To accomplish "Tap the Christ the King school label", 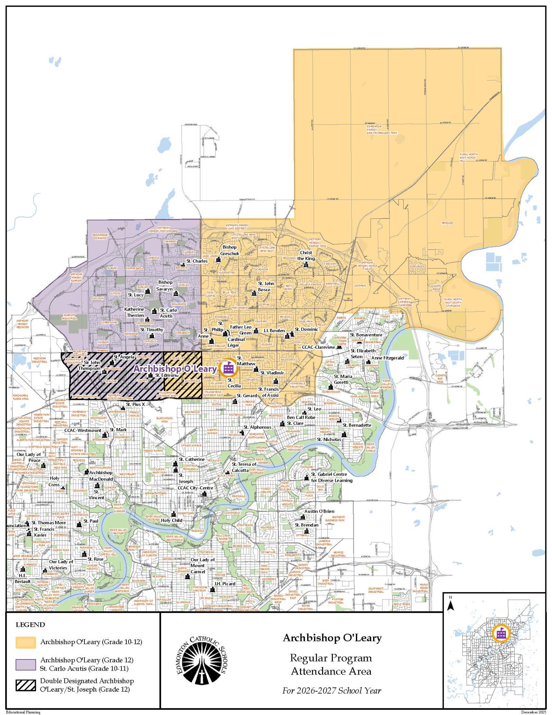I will [306, 255].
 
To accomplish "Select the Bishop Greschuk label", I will [230, 250].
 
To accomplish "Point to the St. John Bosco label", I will [266, 286].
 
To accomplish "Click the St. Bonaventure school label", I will [366, 335].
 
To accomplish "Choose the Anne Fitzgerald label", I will [387, 358].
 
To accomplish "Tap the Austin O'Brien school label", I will [319, 511].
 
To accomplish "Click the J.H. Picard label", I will [225, 584].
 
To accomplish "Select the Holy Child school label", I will [172, 520].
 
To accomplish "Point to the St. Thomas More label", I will [49, 523].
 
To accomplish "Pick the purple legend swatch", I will [25, 664].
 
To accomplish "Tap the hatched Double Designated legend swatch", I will [25, 685].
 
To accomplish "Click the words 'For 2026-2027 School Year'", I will [332, 690].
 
